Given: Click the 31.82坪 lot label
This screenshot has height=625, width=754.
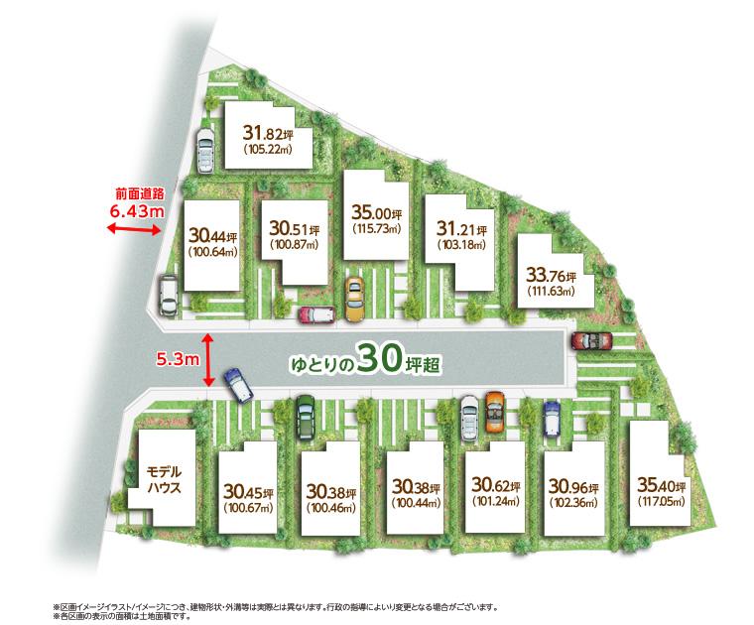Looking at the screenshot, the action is click(x=265, y=135).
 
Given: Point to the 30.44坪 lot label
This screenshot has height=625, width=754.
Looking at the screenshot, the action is click(x=212, y=237).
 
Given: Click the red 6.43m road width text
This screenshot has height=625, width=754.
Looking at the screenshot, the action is click(x=137, y=210).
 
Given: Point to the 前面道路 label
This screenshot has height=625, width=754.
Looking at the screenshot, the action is click(x=137, y=193).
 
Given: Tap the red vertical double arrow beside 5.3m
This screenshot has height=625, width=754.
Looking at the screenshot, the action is click(x=208, y=360).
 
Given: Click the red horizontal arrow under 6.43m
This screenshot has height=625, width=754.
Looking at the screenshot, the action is click(x=134, y=230).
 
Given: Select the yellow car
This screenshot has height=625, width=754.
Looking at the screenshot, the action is click(x=354, y=299).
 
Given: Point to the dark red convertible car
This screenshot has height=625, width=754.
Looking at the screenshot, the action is click(x=592, y=340).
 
